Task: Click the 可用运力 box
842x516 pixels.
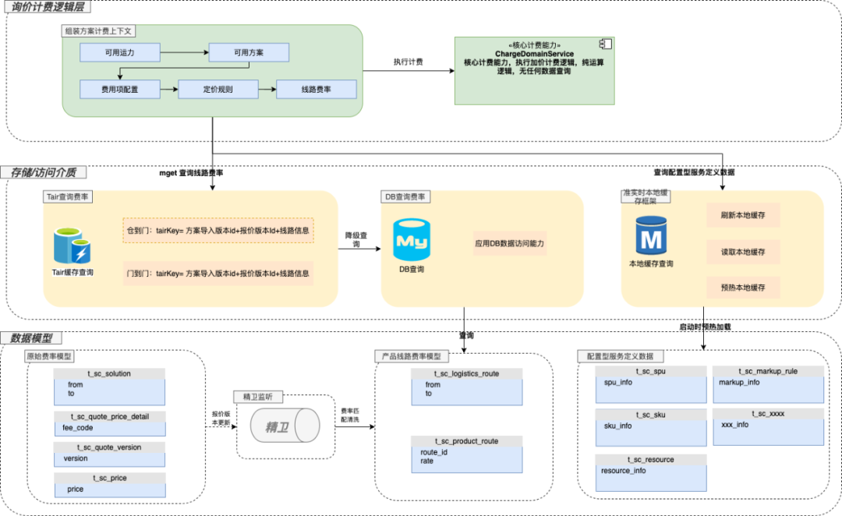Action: (x=119, y=53)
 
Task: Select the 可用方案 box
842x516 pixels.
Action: (x=249, y=53)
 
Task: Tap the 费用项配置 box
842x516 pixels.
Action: (x=119, y=90)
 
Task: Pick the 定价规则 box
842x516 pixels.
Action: (x=218, y=90)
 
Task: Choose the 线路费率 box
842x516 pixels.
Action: (x=317, y=90)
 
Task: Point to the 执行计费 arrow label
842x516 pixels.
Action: (x=408, y=62)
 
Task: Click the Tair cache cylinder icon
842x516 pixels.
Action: (x=73, y=244)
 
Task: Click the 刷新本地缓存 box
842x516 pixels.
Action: (x=743, y=216)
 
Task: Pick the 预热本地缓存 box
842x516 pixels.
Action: (x=743, y=288)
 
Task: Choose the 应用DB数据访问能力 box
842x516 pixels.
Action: (x=510, y=243)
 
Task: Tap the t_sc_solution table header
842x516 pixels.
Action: (x=110, y=374)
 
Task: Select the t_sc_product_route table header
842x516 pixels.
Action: (x=466, y=441)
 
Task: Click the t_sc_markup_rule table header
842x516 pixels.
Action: (x=768, y=371)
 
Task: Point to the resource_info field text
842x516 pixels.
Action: (x=624, y=471)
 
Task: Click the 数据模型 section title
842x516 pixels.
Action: (x=32, y=338)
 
